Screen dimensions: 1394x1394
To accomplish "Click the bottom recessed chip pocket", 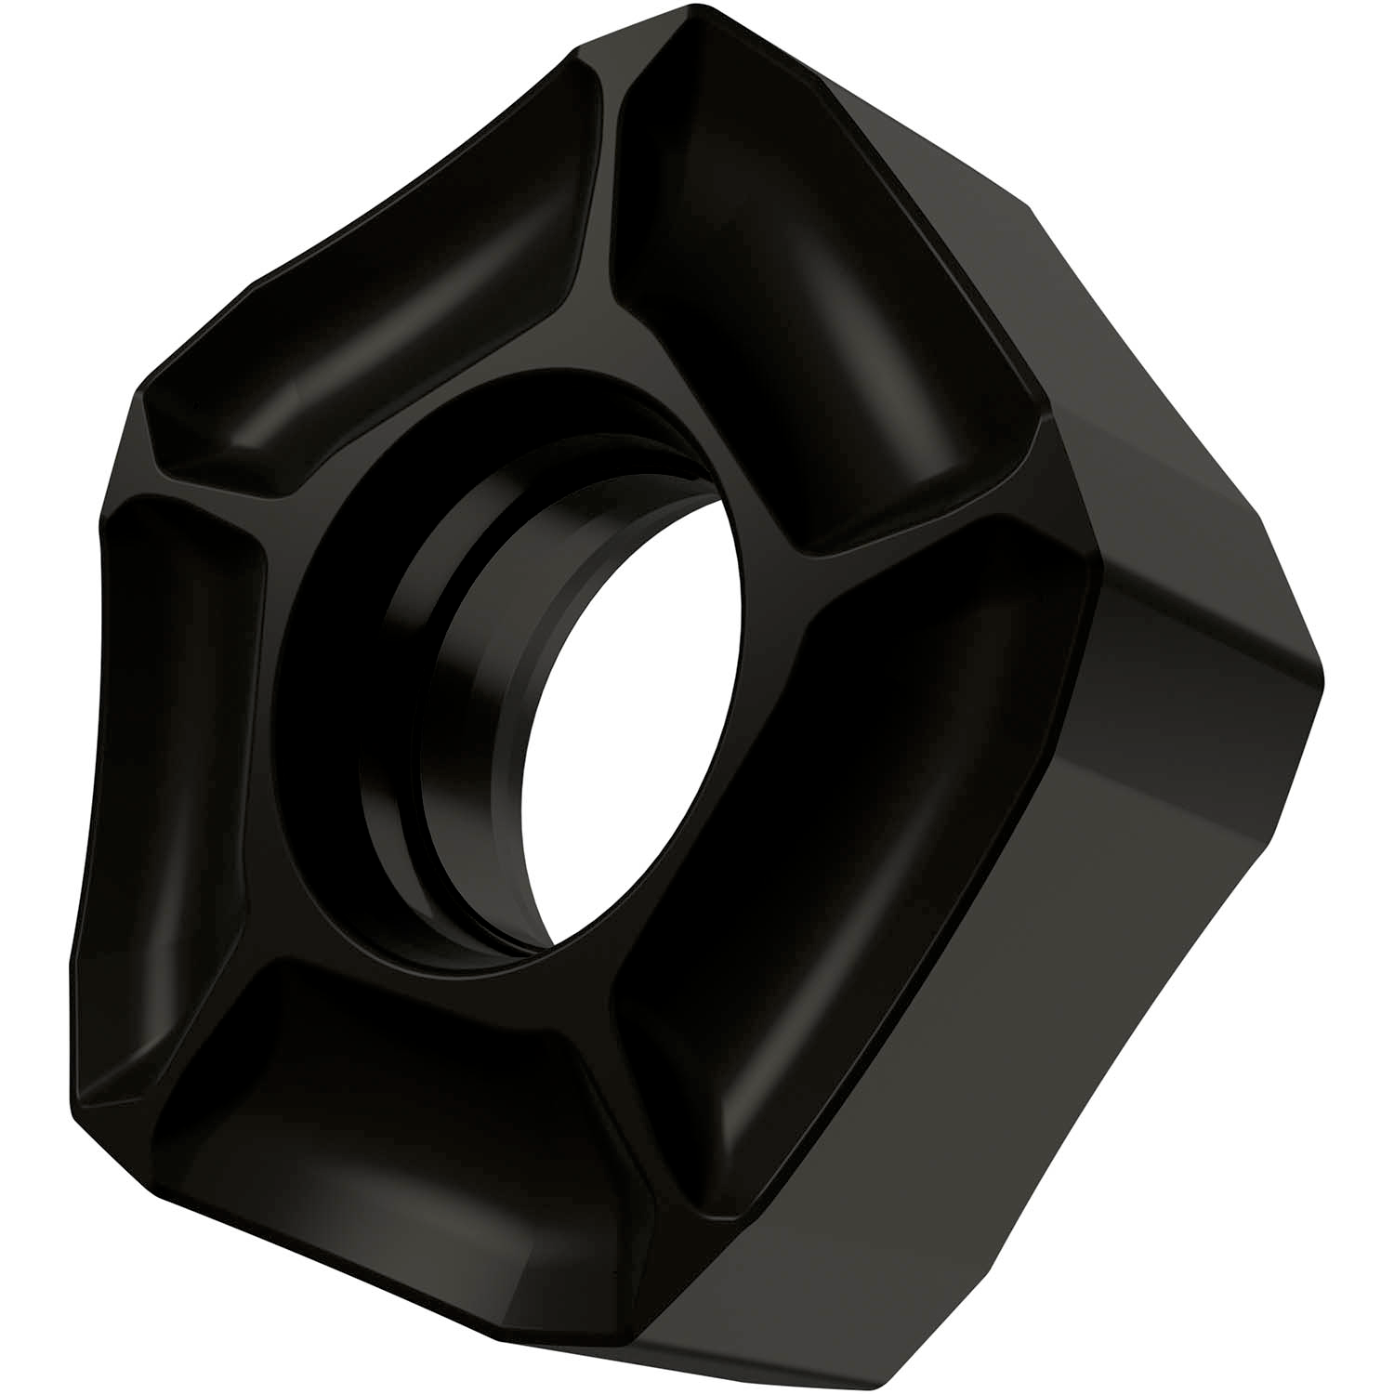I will [x=390, y=1097].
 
